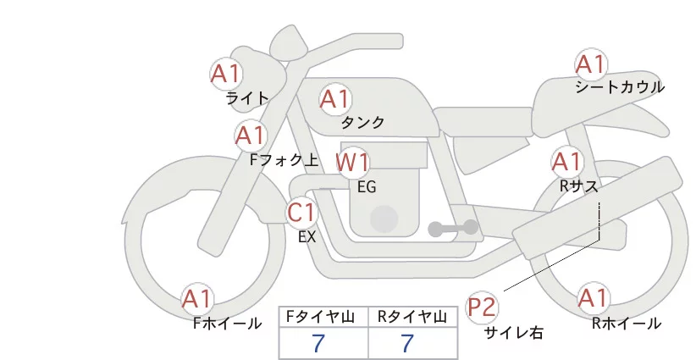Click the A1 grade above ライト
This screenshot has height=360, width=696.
pyautogui.click(x=226, y=73)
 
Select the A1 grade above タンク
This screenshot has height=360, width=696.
pyautogui.click(x=334, y=99)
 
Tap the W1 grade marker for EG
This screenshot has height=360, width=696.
pyautogui.click(x=353, y=162)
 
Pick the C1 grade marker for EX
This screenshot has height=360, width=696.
pyautogui.click(x=302, y=213)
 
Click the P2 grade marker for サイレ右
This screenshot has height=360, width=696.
pyautogui.click(x=483, y=305)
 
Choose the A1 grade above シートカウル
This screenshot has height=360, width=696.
pyautogui.click(x=591, y=64)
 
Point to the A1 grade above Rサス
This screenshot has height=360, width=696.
pyautogui.click(x=567, y=161)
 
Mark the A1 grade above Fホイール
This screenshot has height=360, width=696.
pyautogui.click(x=198, y=299)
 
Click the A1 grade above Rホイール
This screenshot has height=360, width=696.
pyautogui.click(x=592, y=298)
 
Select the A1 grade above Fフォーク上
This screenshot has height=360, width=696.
pyautogui.click(x=251, y=135)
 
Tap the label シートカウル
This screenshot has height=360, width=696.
pyautogui.click(x=619, y=87)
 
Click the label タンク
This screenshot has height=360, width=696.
pyautogui.click(x=362, y=123)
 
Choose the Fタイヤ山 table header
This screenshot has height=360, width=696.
pyautogui.click(x=323, y=317)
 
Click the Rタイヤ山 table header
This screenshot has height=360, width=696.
pyautogui.click(x=412, y=317)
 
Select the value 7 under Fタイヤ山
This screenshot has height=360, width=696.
pyautogui.click(x=318, y=344)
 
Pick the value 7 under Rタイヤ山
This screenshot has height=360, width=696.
pyautogui.click(x=408, y=344)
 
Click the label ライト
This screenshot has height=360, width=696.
pyautogui.click(x=247, y=98)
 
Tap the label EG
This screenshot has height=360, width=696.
pyautogui.click(x=367, y=186)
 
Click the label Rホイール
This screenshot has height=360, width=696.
pyautogui.click(x=627, y=324)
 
